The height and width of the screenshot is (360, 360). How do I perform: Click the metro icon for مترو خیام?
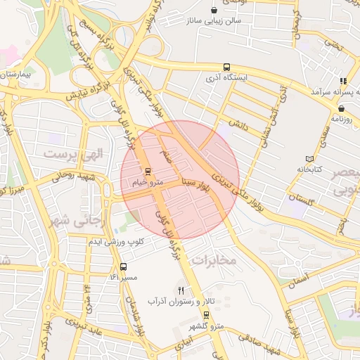click(x=148, y=172)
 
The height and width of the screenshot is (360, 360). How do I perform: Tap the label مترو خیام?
click(x=147, y=183)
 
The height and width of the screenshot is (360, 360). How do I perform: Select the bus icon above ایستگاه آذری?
click(x=226, y=67)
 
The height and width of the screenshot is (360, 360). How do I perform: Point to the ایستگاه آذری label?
click(x=226, y=78)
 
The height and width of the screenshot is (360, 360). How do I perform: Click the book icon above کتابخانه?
click(x=310, y=158)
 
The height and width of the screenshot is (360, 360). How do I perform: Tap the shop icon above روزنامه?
click(x=341, y=108)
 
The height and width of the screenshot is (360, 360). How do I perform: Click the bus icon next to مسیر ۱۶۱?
click(x=124, y=267)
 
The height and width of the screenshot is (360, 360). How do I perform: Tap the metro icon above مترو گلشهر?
click(x=206, y=314)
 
